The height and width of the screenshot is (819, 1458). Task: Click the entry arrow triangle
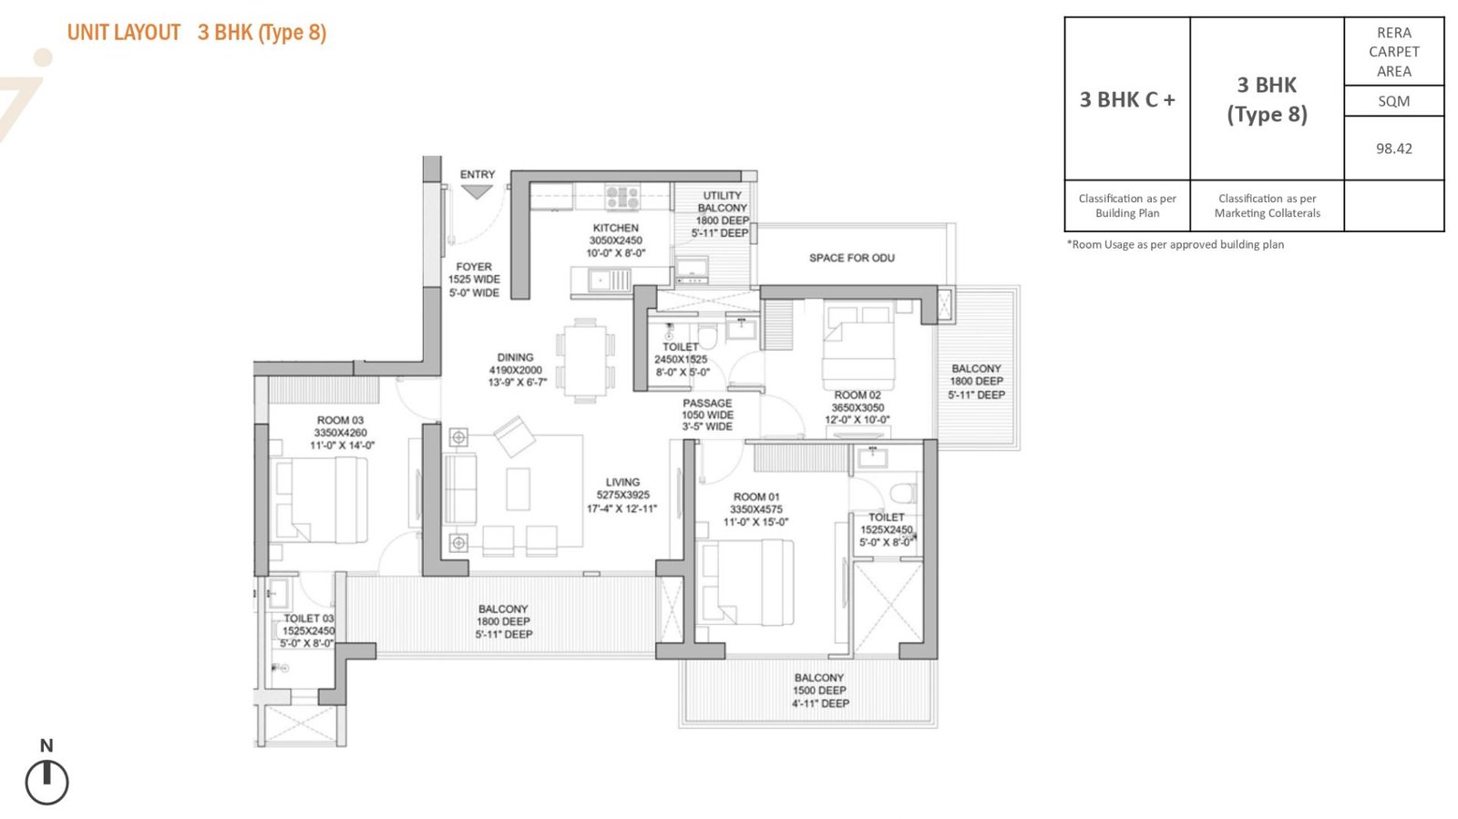(477, 191)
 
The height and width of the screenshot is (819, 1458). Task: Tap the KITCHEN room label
(616, 228)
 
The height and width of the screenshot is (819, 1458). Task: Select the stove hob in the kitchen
(622, 197)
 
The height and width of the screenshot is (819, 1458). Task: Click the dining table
(585, 361)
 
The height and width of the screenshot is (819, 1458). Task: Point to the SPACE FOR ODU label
(851, 258)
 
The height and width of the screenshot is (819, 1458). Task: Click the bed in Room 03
(320, 499)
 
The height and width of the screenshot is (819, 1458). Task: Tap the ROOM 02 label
(857, 394)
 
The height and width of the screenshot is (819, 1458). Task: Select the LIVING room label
(623, 482)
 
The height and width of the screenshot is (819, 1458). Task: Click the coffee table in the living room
(519, 489)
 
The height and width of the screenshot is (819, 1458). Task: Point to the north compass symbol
(46, 782)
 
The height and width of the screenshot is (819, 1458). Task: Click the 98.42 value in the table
(1394, 148)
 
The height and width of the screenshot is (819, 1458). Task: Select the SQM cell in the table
(1393, 101)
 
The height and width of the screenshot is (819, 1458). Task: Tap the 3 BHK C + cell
(1127, 99)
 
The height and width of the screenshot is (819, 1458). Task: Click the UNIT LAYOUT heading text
(124, 33)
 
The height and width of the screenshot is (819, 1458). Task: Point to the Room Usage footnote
(1176, 244)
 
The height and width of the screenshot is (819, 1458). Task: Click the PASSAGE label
(707, 403)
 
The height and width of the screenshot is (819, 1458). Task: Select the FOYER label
(474, 267)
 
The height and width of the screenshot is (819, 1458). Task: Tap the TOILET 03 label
(309, 618)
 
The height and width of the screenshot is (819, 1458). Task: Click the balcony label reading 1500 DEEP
(819, 691)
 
